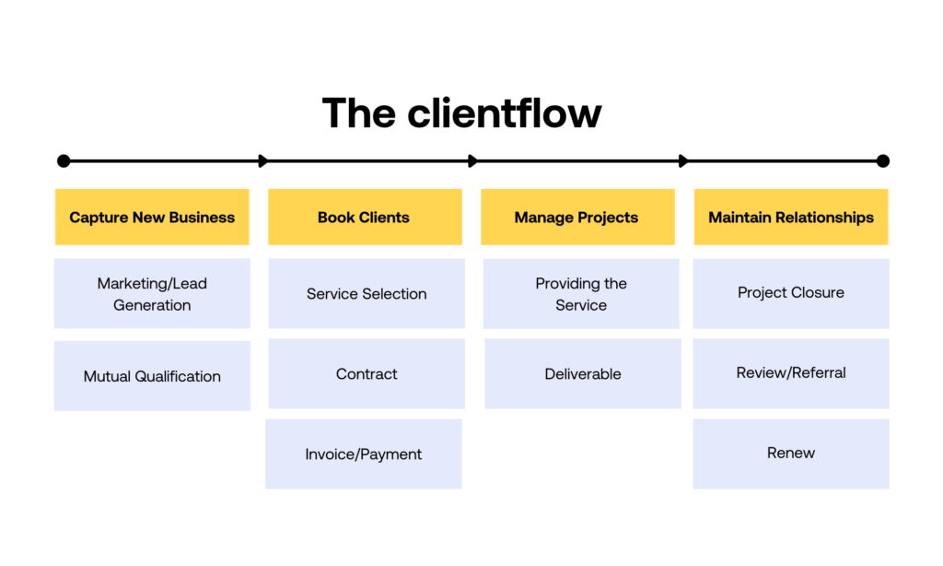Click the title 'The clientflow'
click(461, 113)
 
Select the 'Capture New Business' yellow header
click(152, 218)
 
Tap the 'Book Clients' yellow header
click(365, 218)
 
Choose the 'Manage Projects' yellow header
click(576, 218)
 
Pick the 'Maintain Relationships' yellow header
click(791, 218)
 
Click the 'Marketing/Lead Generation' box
click(152, 294)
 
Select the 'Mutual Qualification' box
click(152, 376)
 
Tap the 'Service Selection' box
click(367, 294)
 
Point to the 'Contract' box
click(367, 374)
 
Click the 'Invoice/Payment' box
click(364, 454)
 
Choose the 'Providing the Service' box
click(581, 294)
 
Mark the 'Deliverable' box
click(583, 374)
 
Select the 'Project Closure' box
click(791, 293)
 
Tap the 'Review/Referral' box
click(791, 373)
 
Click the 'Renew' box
click(791, 454)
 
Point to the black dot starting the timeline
click(64, 161)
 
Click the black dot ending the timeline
click(883, 161)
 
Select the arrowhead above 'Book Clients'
click(263, 161)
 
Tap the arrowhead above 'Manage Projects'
click(473, 161)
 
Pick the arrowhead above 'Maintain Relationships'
click(683, 161)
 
